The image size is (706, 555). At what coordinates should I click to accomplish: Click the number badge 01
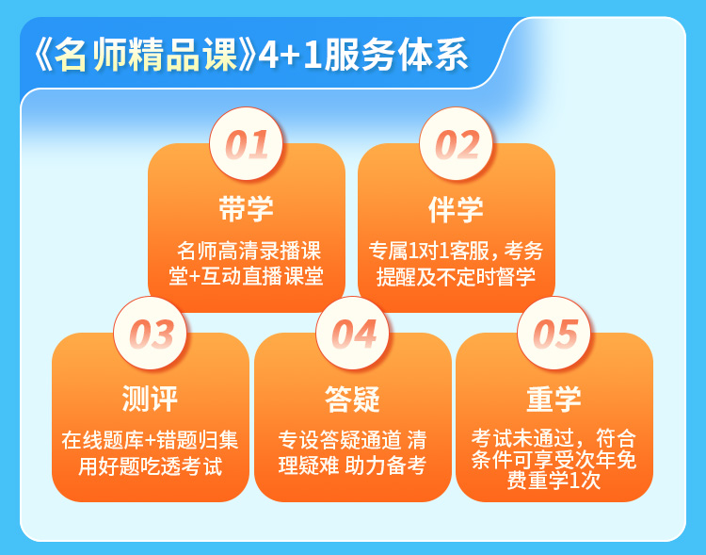pyautogui.click(x=246, y=144)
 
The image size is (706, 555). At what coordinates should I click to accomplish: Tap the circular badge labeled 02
pyautogui.click(x=456, y=144)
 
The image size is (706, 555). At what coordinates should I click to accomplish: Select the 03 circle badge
pyautogui.click(x=150, y=334)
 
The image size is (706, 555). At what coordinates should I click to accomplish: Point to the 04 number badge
pyautogui.click(x=353, y=334)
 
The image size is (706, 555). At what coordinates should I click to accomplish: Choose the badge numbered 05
pyautogui.click(x=554, y=334)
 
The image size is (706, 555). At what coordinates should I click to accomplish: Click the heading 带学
pyautogui.click(x=246, y=209)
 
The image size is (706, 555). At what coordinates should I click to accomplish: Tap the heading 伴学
pyautogui.click(x=456, y=209)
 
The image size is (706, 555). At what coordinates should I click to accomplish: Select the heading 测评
pyautogui.click(x=150, y=399)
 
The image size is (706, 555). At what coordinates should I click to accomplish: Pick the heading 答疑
pyautogui.click(x=353, y=399)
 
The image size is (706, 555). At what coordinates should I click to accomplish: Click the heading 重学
pyautogui.click(x=554, y=399)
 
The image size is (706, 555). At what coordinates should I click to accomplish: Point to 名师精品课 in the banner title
pyautogui.click(x=146, y=55)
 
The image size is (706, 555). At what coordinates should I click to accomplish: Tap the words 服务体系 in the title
pyautogui.click(x=395, y=55)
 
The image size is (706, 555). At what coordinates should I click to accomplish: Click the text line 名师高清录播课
pyautogui.click(x=249, y=251)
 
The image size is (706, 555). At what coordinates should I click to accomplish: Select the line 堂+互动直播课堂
pyautogui.click(x=246, y=276)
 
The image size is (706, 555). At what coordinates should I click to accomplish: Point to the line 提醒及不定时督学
pyautogui.click(x=456, y=276)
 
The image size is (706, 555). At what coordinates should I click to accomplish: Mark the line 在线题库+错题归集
pyautogui.click(x=150, y=440)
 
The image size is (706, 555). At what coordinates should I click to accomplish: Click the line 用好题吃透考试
pyautogui.click(x=150, y=465)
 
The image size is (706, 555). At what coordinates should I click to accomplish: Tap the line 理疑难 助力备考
pyautogui.click(x=353, y=465)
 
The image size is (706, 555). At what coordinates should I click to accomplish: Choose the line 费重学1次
pyautogui.click(x=554, y=481)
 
